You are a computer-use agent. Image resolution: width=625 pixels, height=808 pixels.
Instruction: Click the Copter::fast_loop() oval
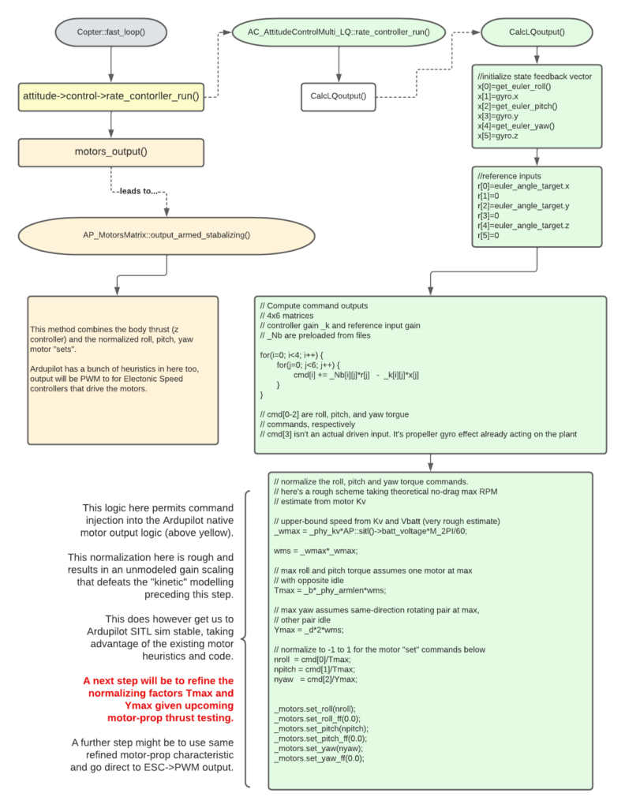pos(110,32)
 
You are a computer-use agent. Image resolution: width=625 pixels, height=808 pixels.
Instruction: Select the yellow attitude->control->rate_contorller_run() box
pos(110,97)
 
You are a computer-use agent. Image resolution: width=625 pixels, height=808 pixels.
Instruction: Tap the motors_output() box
pos(110,152)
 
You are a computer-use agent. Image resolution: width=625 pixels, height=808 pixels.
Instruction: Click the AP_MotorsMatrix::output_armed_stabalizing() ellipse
pos(167,235)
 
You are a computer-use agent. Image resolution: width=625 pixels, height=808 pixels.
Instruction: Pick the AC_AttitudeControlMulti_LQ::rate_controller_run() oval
pos(339,32)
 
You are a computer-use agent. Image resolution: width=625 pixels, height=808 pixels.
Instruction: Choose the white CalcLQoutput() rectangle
pos(338,97)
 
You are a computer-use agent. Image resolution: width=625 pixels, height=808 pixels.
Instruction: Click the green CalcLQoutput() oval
pos(537,32)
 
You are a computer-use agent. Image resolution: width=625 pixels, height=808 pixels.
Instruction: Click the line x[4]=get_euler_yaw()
pos(516,125)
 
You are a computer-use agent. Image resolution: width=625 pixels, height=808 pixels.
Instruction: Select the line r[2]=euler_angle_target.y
pos(523,206)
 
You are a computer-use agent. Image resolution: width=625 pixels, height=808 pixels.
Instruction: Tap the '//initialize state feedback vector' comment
pos(534,77)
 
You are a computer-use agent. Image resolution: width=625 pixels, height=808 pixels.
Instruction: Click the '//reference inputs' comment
pos(509,176)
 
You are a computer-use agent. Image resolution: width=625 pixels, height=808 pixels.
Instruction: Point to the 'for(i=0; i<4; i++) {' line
pos(292,355)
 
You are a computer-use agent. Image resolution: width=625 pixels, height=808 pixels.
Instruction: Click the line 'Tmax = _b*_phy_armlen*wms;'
pos(330,590)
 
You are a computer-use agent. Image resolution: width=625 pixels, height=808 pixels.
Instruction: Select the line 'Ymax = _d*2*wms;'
pos(309,630)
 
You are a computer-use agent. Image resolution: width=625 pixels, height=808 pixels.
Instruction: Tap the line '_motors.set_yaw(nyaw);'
pos(319,748)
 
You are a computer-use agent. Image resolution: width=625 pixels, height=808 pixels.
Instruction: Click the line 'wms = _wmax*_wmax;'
pos(316,551)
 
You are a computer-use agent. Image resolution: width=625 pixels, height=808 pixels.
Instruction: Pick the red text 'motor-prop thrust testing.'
pos(170,718)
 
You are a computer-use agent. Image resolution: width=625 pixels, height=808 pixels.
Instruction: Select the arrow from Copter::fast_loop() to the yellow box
pos(110,65)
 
